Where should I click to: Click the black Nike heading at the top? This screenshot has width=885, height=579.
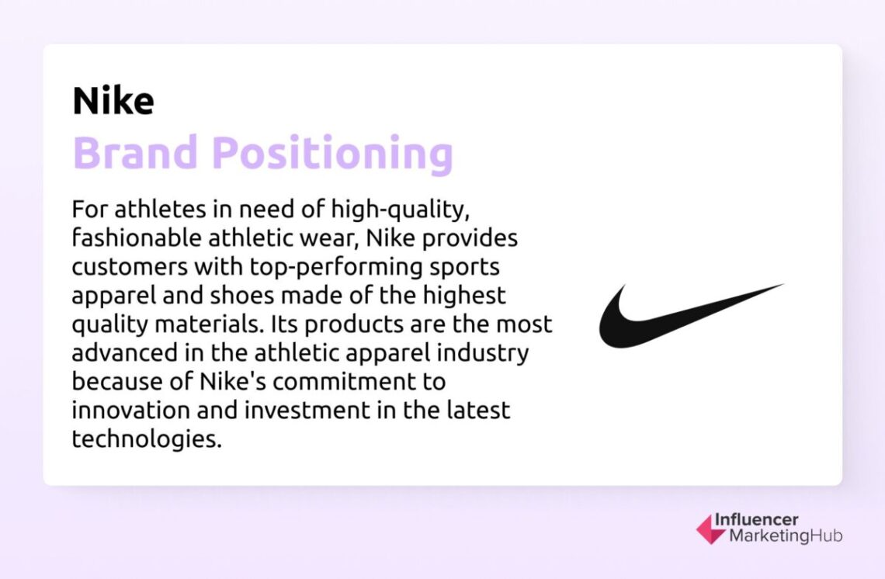click(113, 102)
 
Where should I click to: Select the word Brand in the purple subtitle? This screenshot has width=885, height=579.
click(136, 153)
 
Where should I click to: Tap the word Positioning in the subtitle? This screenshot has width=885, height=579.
click(332, 154)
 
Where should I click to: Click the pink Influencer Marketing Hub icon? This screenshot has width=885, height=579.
click(710, 529)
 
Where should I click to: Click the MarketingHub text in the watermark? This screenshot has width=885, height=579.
click(784, 536)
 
